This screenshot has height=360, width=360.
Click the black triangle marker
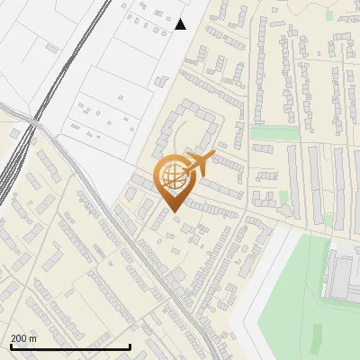click(x=181, y=24)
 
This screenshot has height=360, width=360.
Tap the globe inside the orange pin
click(x=172, y=178)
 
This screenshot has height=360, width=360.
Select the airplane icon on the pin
click(x=197, y=164)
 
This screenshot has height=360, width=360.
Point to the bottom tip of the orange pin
click(x=172, y=211)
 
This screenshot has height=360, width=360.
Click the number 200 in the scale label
click(x=20, y=338)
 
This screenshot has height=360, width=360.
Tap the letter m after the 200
click(x=33, y=338)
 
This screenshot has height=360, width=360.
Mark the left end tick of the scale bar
click(x=11, y=346)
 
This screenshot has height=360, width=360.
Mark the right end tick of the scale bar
click(x=130, y=346)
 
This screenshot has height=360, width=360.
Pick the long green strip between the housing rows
click(x=274, y=134)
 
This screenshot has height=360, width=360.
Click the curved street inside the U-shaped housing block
click(x=184, y=135)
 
